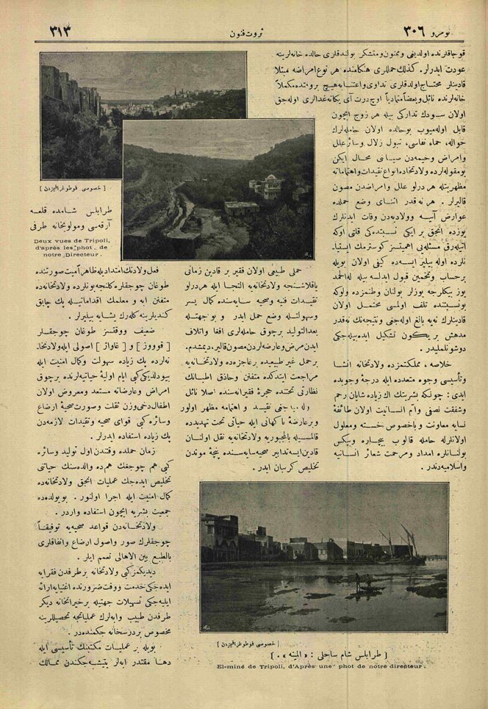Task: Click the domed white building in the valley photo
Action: coord(267,186)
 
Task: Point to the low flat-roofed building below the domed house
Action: coord(241,208)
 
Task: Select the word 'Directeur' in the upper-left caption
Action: coord(85,255)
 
